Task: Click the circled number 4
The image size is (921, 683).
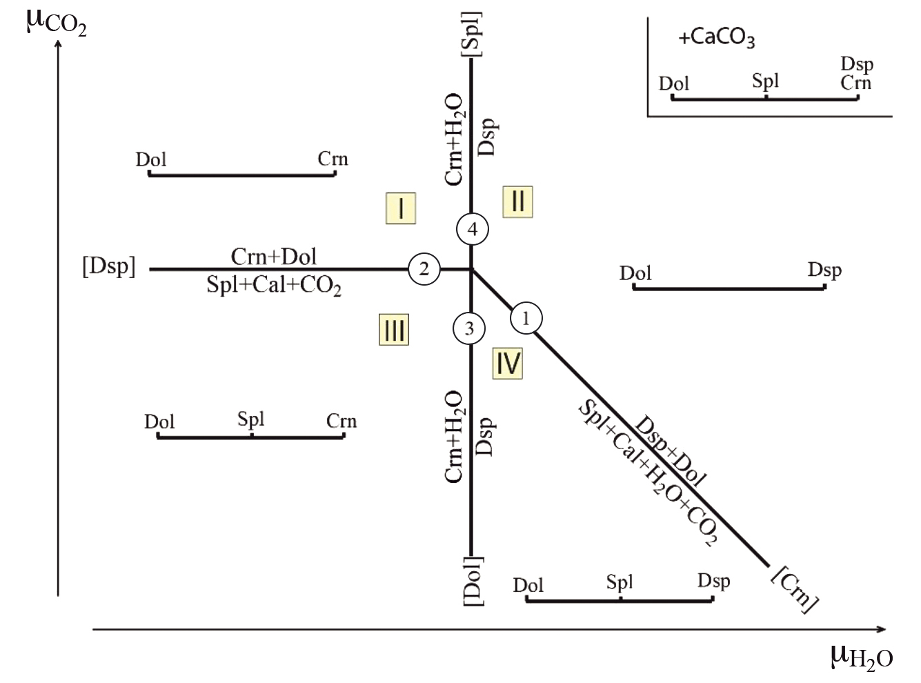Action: pyautogui.click(x=473, y=229)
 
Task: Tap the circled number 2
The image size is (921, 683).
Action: pyautogui.click(x=424, y=269)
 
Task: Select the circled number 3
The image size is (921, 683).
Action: pyautogui.click(x=470, y=328)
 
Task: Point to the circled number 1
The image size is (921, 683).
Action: pyautogui.click(x=526, y=319)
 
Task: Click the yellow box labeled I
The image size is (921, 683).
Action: pyautogui.click(x=400, y=208)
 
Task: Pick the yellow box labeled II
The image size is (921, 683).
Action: pyautogui.click(x=517, y=202)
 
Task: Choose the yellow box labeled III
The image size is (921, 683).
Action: pyautogui.click(x=394, y=330)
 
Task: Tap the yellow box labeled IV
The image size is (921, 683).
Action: pyautogui.click(x=508, y=363)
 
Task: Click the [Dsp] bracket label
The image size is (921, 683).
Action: pyautogui.click(x=109, y=267)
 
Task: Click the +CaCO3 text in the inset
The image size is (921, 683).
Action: pyautogui.click(x=717, y=39)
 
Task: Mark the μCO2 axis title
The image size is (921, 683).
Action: pyautogui.click(x=57, y=21)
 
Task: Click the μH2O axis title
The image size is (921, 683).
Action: pyautogui.click(x=862, y=657)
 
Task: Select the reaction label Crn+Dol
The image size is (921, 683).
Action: pyautogui.click(x=274, y=257)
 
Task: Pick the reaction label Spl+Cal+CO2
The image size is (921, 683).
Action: pyautogui.click(x=274, y=285)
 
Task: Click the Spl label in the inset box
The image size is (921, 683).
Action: pyautogui.click(x=766, y=81)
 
